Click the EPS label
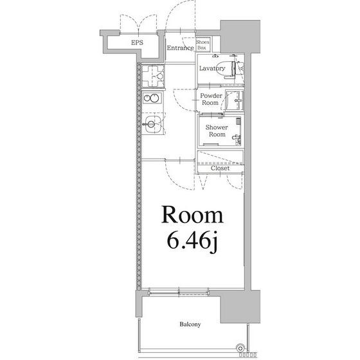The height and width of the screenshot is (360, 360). pyautogui.click(x=137, y=42)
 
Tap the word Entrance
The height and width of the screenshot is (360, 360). pyautogui.click(x=181, y=48)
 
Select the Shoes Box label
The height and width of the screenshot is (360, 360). pyautogui.click(x=203, y=45)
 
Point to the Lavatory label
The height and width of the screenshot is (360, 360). pyautogui.click(x=212, y=68)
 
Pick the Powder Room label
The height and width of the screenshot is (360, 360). pyautogui.click(x=211, y=99)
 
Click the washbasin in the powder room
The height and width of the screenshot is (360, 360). pyautogui.click(x=235, y=100)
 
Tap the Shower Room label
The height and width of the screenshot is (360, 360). pyautogui.click(x=217, y=130)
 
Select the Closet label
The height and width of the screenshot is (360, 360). pyautogui.click(x=220, y=168)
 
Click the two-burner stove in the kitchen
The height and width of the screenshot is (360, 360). pyautogui.click(x=152, y=98)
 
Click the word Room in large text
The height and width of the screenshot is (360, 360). pyautogui.click(x=192, y=215)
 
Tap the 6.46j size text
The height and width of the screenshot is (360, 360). pyautogui.click(x=192, y=240)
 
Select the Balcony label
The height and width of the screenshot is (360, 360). pyautogui.click(x=190, y=324)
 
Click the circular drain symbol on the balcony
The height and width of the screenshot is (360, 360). pyautogui.click(x=240, y=348)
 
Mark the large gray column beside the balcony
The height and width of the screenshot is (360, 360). pyautogui.click(x=240, y=307)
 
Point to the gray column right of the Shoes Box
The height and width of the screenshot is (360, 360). pyautogui.click(x=240, y=37)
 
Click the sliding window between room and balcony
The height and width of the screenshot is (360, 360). pyautogui.click(x=179, y=292)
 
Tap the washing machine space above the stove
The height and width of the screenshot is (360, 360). pyautogui.click(x=153, y=76)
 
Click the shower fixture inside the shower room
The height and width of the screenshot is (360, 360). pyautogui.click(x=237, y=138)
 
